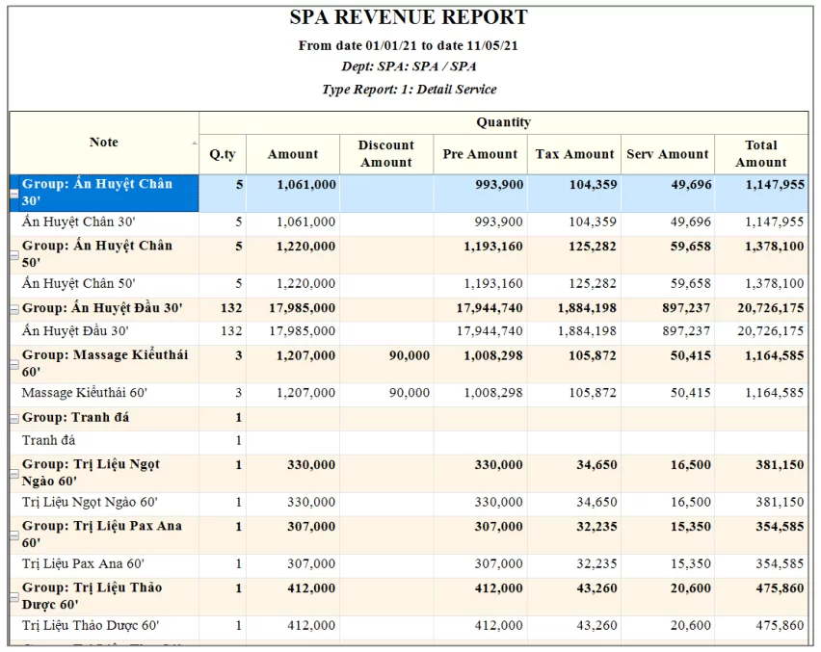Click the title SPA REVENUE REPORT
tap(409, 17)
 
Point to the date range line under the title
tap(409, 45)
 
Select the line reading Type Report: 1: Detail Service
tap(409, 89)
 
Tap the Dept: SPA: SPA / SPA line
tap(409, 66)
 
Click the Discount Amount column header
tap(385, 154)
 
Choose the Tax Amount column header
tap(574, 154)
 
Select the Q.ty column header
tap(223, 154)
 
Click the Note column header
tap(103, 143)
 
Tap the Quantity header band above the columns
tap(503, 122)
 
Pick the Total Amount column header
tap(760, 154)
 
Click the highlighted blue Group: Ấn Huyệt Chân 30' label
tap(96, 192)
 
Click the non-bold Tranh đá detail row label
tap(48, 441)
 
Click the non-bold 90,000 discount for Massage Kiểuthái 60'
tap(410, 393)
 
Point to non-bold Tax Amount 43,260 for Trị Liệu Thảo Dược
tap(597, 626)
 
